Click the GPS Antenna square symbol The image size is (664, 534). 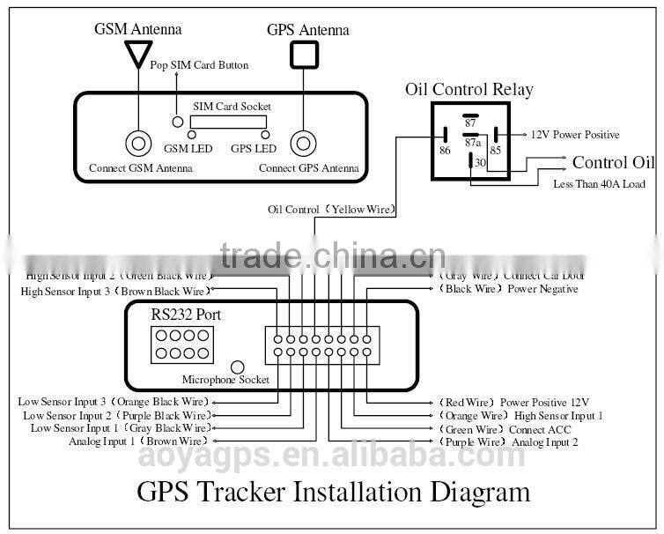coord(305,56)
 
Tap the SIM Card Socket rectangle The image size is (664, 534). coord(232,120)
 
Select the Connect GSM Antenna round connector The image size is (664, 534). coord(137,142)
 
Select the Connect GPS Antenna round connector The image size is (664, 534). coord(305,142)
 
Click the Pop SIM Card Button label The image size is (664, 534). coord(199,65)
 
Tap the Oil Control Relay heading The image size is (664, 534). coord(468,89)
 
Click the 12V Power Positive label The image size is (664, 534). coord(574,135)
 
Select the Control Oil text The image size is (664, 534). coord(613,162)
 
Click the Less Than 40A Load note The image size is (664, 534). coord(599,184)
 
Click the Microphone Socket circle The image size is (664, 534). coord(236,367)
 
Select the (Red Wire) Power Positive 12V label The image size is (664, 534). coord(513,402)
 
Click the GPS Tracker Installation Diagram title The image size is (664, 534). coord(333,491)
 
